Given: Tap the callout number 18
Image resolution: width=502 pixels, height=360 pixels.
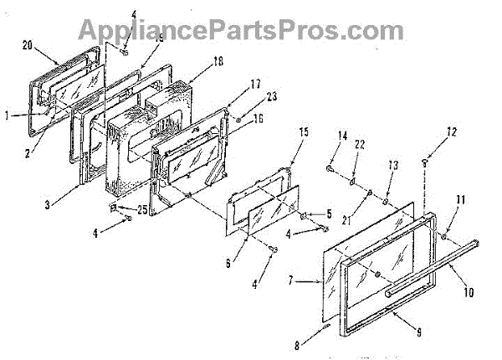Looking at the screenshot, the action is tap(195, 61).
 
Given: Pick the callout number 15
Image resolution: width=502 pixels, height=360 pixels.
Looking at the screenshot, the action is tap(304, 131).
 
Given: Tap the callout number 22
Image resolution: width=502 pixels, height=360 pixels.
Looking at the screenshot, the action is tap(361, 146).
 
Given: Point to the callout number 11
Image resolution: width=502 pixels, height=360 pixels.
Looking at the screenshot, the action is tap(460, 198).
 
